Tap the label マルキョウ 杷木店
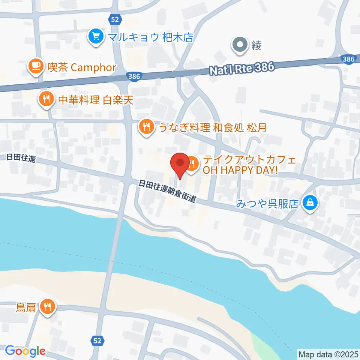click(x=150, y=37)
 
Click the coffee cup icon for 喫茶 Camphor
click(x=36, y=66)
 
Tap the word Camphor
click(x=93, y=67)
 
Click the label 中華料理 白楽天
click(x=96, y=100)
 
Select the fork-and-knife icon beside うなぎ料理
click(x=145, y=126)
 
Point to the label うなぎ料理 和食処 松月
click(x=213, y=127)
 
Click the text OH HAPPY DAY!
click(x=240, y=171)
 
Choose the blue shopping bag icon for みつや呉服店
click(x=310, y=203)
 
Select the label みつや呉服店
click(x=267, y=204)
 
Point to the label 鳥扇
click(x=26, y=308)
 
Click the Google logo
click(x=25, y=351)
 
